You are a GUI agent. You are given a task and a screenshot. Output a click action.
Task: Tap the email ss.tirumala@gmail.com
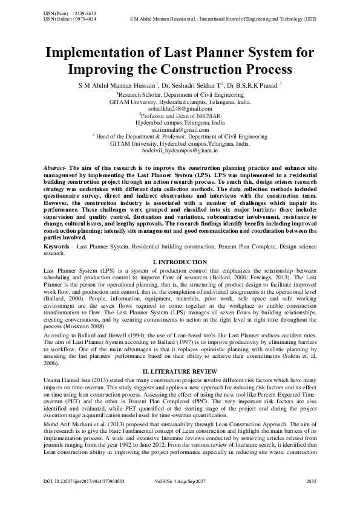180,129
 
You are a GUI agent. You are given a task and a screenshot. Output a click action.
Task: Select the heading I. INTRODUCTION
180,260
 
